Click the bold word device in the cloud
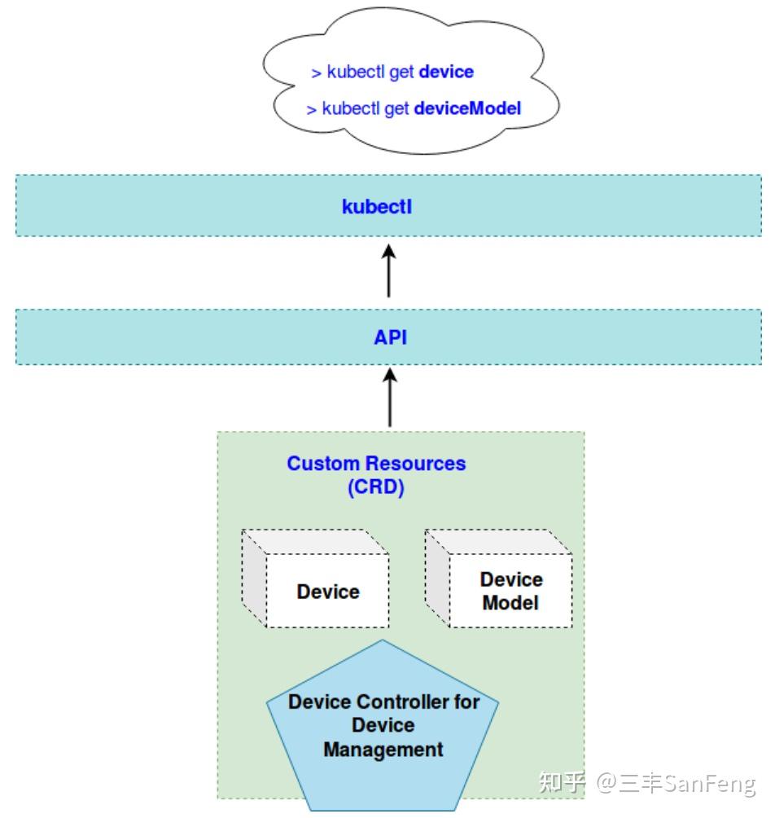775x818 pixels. pyautogui.click(x=446, y=72)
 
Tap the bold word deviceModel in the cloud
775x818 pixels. pyautogui.click(x=467, y=108)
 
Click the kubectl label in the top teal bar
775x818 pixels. pyautogui.click(x=377, y=207)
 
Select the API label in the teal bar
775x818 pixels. pyautogui.click(x=391, y=337)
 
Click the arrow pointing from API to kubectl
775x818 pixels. pyautogui.click(x=389, y=270)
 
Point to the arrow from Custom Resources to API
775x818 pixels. pyautogui.click(x=390, y=398)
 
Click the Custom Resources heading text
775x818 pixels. pyautogui.click(x=376, y=464)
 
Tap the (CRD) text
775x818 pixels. pyautogui.click(x=376, y=487)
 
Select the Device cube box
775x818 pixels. pyautogui.click(x=315, y=578)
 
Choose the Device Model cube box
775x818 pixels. pyautogui.click(x=499, y=578)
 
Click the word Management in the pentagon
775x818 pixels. pyautogui.click(x=383, y=750)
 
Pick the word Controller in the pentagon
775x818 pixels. pyautogui.click(x=402, y=702)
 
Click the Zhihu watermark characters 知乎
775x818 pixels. pyautogui.click(x=563, y=782)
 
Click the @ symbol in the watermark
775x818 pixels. pyautogui.click(x=606, y=783)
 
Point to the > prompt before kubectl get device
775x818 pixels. pyautogui.click(x=316, y=73)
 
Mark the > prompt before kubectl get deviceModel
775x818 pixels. pyautogui.click(x=311, y=110)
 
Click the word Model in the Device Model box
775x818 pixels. pyautogui.click(x=510, y=603)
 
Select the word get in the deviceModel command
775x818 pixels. pyautogui.click(x=396, y=109)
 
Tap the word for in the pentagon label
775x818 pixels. pyautogui.click(x=466, y=702)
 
